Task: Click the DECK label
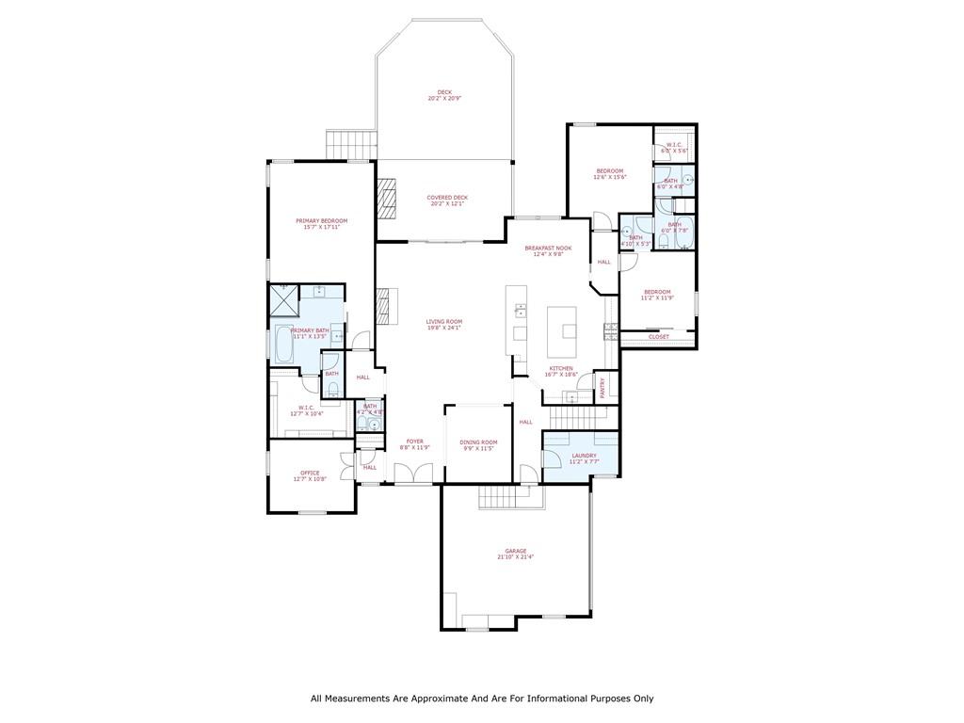click(444, 92)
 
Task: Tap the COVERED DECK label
click(447, 198)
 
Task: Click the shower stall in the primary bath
click(283, 300)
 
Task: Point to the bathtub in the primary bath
click(281, 345)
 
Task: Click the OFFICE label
click(310, 474)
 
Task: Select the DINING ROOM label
click(478, 442)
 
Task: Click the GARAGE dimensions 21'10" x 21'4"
click(515, 557)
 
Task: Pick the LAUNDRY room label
click(584, 456)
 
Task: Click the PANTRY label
click(602, 388)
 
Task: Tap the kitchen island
click(568, 329)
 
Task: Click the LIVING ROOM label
click(444, 322)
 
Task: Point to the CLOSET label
click(659, 336)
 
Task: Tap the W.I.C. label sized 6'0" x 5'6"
click(674, 145)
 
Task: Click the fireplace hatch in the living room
click(382, 305)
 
